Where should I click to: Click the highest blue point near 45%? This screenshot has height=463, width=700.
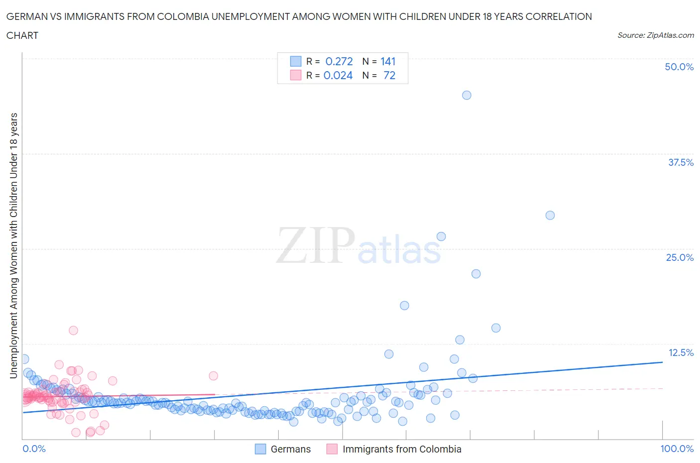click(467, 95)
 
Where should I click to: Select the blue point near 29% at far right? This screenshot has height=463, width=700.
click(550, 215)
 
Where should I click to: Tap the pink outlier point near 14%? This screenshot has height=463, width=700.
click(73, 330)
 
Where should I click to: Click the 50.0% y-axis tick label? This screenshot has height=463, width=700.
click(679, 67)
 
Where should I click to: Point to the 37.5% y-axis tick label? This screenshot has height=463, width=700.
click(681, 162)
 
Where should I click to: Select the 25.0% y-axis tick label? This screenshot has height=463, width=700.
click(680, 257)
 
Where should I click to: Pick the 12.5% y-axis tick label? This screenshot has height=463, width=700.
click(681, 352)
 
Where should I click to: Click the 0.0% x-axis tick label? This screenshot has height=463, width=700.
click(34, 449)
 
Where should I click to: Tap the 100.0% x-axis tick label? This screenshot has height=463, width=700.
click(677, 449)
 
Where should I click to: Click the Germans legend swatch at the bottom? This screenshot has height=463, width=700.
click(260, 449)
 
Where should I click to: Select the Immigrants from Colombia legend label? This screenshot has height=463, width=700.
click(402, 449)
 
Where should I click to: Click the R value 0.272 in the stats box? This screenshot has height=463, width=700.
click(339, 61)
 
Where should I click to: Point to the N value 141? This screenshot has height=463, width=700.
click(388, 61)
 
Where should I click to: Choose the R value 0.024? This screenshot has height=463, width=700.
click(338, 75)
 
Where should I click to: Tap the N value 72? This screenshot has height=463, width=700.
click(389, 75)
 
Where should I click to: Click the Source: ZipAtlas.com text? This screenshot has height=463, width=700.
click(655, 35)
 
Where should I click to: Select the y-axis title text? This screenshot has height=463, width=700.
click(14, 245)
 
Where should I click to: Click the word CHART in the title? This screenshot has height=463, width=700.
click(22, 35)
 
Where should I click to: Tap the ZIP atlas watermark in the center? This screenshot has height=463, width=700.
click(358, 246)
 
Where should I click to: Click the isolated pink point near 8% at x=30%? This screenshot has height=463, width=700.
click(213, 375)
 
